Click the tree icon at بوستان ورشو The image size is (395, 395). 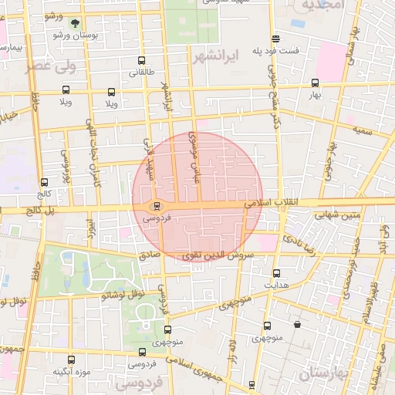75,24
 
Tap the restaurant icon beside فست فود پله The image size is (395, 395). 275,39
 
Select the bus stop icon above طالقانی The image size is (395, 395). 140,61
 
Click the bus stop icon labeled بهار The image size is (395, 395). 314,83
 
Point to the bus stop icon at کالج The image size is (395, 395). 44,183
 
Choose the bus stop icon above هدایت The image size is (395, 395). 276,273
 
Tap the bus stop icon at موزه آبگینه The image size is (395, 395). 72,360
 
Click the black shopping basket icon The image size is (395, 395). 297,325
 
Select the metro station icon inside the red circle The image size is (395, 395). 157,206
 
